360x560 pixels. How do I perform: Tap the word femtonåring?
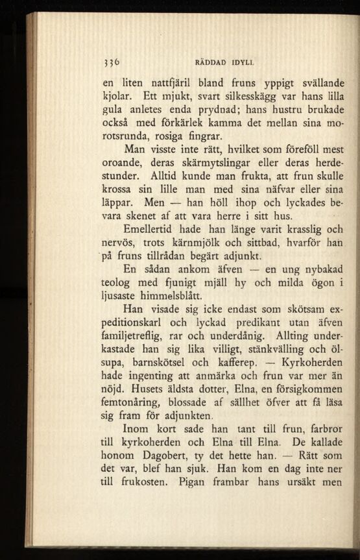pyautogui.click(x=138, y=405)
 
